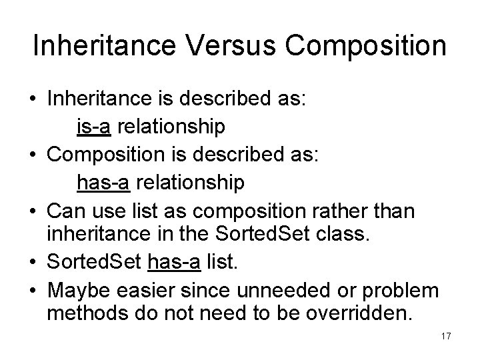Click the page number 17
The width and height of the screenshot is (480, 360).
(446, 336)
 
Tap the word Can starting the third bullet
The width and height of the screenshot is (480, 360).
(65, 211)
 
